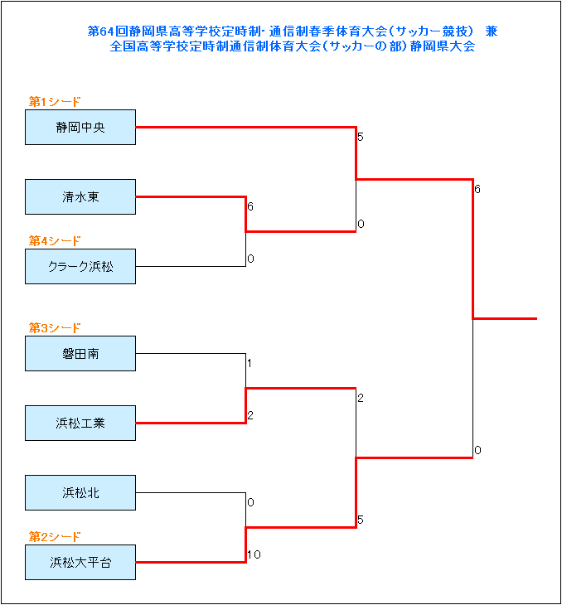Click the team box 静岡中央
tap(80, 128)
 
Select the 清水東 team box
tap(80, 196)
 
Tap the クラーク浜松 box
tap(80, 266)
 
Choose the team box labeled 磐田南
tap(80, 353)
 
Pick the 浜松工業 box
tap(80, 423)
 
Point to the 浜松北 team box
tap(80, 493)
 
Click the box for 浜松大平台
tap(80, 562)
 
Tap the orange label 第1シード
tap(55, 102)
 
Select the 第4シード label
tap(55, 241)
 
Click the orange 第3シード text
tap(55, 328)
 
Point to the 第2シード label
tap(55, 537)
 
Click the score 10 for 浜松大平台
tap(254, 554)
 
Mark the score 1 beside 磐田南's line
tap(250, 364)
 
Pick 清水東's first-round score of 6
tap(250, 207)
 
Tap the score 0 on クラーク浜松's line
tap(251, 259)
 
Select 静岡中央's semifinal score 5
tap(361, 137)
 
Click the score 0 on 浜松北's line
tap(251, 502)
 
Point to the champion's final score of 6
tap(477, 190)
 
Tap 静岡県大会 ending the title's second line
tap(443, 46)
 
